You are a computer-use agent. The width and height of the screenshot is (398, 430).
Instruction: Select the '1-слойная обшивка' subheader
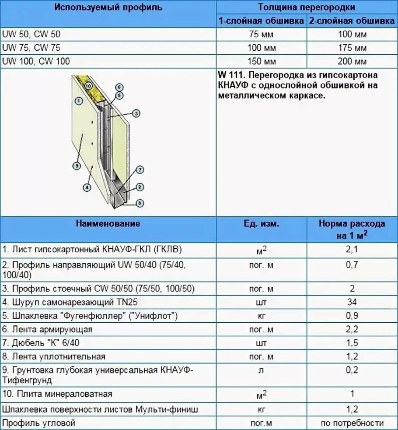[x=261, y=21]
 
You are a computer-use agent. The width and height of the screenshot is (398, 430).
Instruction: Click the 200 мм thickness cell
[x=352, y=61]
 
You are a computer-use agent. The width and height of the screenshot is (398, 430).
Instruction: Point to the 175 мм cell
[x=352, y=47]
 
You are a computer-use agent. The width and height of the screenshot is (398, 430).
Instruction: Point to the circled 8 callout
[x=139, y=203]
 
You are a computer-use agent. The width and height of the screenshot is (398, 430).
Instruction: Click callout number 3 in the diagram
[x=136, y=113]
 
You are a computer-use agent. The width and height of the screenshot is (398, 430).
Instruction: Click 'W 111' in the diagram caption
[x=230, y=74]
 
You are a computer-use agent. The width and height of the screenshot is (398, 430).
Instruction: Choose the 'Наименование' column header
[x=108, y=224]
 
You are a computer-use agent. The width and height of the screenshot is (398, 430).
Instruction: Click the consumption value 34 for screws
[x=352, y=302]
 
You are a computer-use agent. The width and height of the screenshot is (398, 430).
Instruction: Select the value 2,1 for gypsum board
[x=352, y=249]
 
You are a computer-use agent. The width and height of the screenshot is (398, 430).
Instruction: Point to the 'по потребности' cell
[x=352, y=423]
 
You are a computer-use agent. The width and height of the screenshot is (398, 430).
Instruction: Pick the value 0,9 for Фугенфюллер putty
[x=352, y=316]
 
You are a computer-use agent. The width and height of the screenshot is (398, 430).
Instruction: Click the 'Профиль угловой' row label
[x=39, y=423]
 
